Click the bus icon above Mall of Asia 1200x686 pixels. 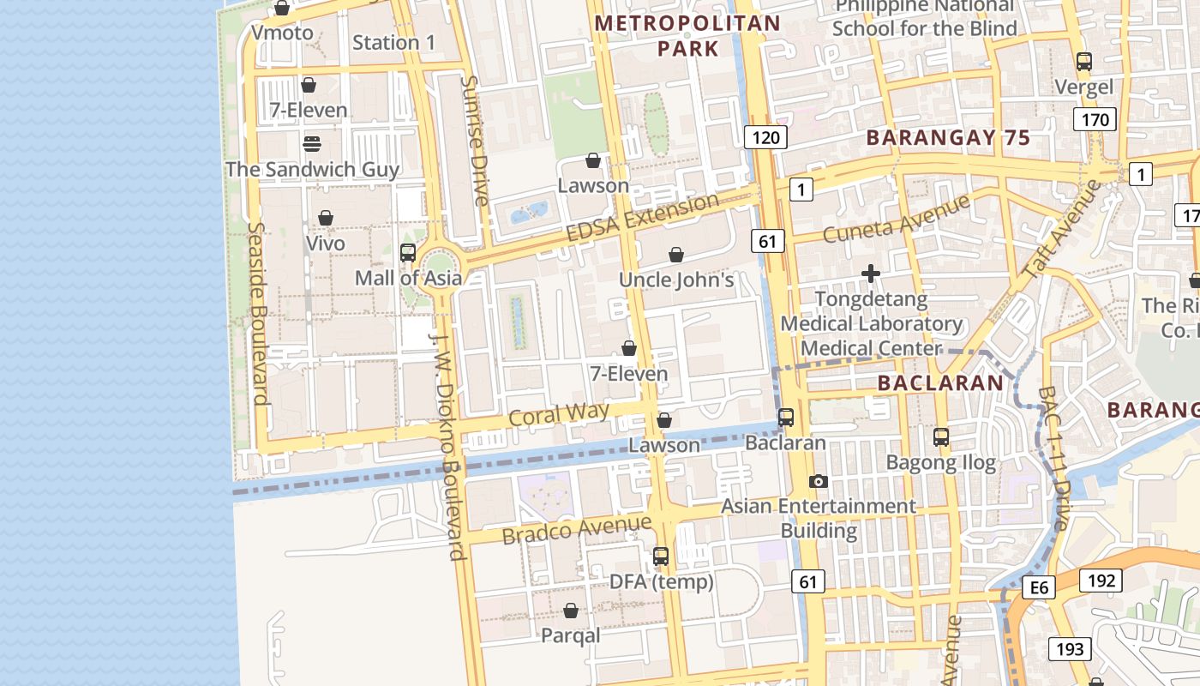pos(408,253)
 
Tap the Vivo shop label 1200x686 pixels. pos(326,244)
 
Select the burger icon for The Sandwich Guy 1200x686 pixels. pos(312,143)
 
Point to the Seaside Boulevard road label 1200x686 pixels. pos(258,313)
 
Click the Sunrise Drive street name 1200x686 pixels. pos(474,141)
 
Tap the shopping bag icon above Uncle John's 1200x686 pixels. pos(676,255)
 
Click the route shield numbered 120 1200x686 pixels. pos(765,137)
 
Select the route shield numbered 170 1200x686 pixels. pos(1095,120)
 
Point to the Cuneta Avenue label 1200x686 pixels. pos(896,219)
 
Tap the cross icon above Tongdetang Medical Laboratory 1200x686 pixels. pos(871,274)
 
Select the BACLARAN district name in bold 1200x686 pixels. pos(940,383)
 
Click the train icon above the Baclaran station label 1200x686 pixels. pos(785,418)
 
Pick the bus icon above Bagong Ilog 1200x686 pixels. pos(941,437)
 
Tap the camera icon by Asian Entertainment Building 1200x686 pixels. pos(819,482)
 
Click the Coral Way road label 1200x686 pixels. pos(558,414)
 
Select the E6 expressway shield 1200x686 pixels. pos(1039,587)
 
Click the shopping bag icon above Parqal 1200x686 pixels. pos(571,611)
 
